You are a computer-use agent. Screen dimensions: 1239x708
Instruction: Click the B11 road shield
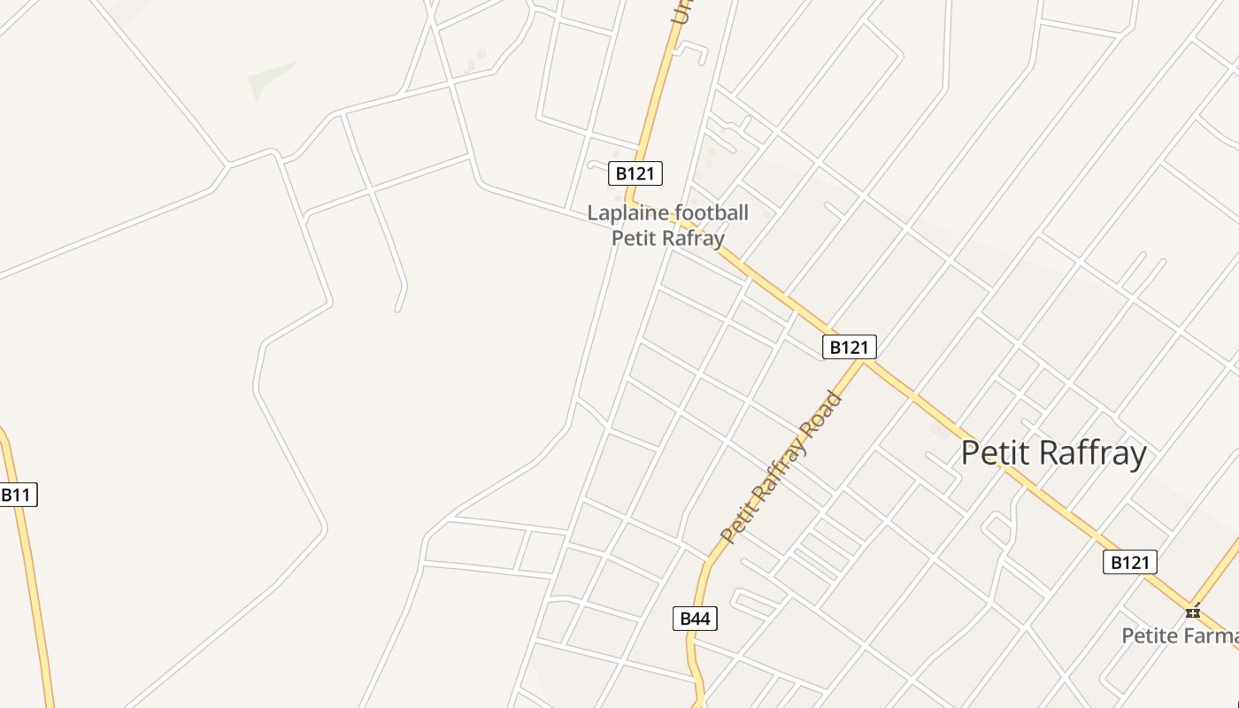[x=17, y=495]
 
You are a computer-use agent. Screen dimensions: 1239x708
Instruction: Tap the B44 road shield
[x=695, y=619]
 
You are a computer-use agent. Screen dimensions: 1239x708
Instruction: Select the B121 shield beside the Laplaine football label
[x=635, y=173]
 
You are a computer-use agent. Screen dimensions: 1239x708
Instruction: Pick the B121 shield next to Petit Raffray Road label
[x=849, y=347]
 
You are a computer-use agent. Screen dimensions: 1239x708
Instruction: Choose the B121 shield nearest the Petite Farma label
[x=1130, y=562]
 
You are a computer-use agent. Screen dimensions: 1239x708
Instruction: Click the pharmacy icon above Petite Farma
[x=1193, y=611]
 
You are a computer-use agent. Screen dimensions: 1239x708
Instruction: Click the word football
[x=712, y=213]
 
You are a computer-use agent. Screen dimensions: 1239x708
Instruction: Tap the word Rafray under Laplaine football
[x=693, y=238]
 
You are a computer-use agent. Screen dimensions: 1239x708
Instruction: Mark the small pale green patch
[x=269, y=79]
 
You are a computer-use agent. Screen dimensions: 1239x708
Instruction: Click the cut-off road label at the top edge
[x=681, y=12]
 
